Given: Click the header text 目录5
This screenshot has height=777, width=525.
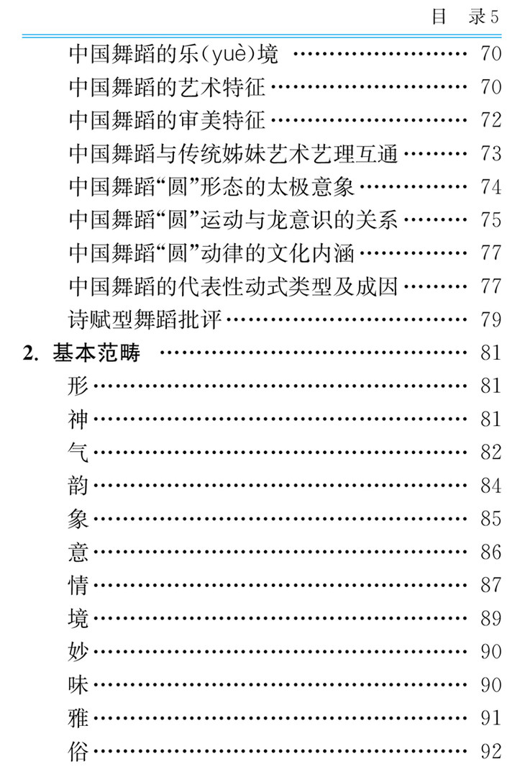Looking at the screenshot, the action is coord(465,17).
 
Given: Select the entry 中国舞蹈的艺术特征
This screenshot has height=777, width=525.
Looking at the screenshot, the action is coord(167,87).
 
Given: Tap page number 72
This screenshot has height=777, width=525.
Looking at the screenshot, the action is coord(490,120).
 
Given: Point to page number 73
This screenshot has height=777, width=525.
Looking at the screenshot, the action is coord(490,153).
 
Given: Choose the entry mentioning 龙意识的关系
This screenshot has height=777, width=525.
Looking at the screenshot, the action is coord(233,219).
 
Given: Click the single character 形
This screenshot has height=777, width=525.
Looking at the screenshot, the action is coord(78,386).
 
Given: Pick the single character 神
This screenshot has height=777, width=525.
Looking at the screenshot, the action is coord(78,419).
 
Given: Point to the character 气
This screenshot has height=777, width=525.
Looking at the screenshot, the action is coord(78,452).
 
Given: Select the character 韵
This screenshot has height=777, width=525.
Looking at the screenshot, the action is coord(78,486).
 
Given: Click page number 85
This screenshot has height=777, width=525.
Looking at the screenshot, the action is coord(490,519).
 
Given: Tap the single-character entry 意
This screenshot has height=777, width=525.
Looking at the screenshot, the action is coord(78,552).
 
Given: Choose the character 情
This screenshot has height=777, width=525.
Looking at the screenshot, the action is coord(78,585).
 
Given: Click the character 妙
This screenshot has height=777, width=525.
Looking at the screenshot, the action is coord(78,651).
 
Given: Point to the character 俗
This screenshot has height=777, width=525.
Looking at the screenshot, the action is coord(78,751).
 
